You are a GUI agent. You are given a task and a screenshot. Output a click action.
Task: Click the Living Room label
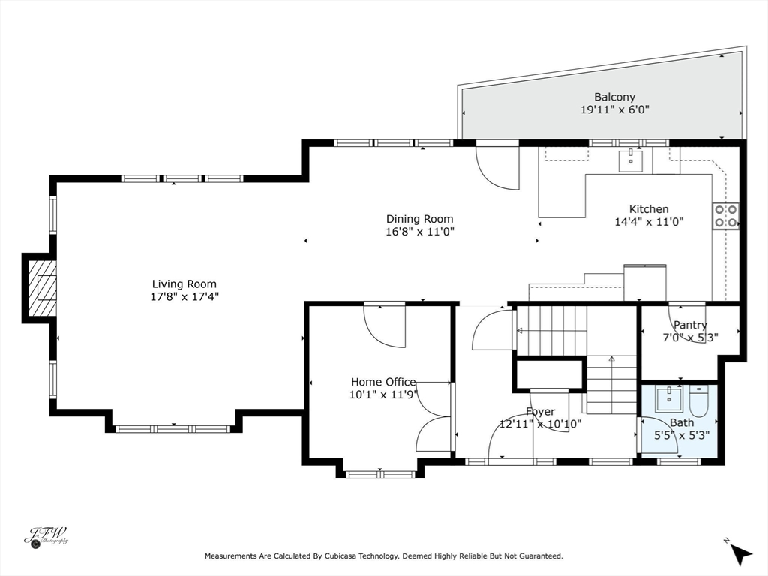[184, 283]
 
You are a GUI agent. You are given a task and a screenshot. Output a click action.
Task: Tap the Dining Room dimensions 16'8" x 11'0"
[420, 232]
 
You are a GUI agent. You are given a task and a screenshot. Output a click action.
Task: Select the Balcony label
[615, 97]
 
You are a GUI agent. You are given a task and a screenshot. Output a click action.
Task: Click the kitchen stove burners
[725, 216]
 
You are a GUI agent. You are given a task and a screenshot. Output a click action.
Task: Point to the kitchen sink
[630, 160]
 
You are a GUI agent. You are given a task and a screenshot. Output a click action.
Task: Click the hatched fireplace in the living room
[43, 287]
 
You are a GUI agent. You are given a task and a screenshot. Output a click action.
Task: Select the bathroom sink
[669, 398]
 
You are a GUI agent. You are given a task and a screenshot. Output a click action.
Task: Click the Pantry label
[690, 325]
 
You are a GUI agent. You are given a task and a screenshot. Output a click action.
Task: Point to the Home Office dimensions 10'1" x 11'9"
[382, 394]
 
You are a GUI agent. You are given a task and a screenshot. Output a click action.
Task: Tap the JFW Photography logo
[46, 538]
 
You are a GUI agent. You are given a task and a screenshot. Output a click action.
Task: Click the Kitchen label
[649, 209]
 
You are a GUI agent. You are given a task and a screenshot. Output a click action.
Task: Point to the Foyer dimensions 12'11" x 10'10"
[540, 424]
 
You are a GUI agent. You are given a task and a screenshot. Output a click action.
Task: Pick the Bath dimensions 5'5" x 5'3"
[682, 434]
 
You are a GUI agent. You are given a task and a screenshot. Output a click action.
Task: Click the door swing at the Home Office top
[385, 325]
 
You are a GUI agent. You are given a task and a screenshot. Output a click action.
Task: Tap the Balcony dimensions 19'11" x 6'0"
[615, 109]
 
